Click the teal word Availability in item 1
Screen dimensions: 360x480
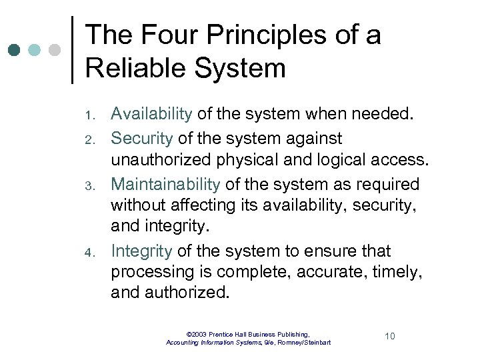(151, 114)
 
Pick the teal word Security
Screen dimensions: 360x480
(141, 139)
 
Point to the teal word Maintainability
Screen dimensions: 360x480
(165, 184)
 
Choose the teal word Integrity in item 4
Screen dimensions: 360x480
(141, 251)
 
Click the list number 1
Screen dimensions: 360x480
(95, 116)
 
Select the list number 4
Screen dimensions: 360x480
(95, 253)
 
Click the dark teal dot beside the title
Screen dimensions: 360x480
(15, 50)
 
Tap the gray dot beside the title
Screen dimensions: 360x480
(55, 50)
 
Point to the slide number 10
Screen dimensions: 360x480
(389, 336)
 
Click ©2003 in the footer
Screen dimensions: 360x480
(197, 333)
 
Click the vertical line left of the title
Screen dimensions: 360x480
(71, 50)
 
